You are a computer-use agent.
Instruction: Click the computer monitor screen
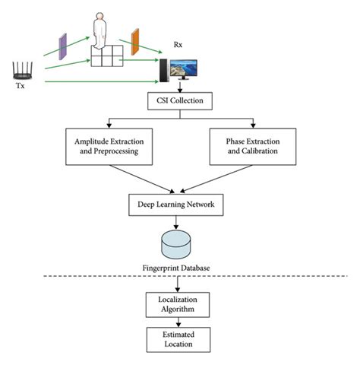click(185, 71)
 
